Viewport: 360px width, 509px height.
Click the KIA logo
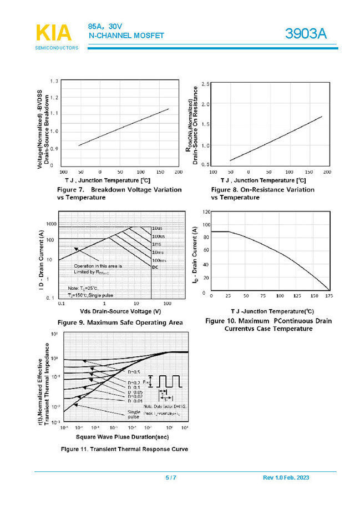[x=53, y=33]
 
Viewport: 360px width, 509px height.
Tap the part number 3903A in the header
[x=306, y=34]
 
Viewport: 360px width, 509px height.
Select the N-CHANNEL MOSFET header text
[x=126, y=36]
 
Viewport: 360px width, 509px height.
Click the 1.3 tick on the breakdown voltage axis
[x=54, y=82]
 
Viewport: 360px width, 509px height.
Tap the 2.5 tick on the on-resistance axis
[x=205, y=84]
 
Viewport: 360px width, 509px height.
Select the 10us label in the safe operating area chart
[x=158, y=229]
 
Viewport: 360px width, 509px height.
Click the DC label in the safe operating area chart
[x=155, y=267]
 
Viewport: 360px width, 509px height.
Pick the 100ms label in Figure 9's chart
[x=159, y=260]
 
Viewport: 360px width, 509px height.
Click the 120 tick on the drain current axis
[x=206, y=212]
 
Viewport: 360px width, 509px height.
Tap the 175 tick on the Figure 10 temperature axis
[x=329, y=296]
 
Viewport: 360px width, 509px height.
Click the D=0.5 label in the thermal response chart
[x=134, y=371]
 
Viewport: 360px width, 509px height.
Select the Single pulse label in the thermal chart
[x=134, y=415]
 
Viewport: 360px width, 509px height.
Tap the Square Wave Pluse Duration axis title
[x=123, y=437]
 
